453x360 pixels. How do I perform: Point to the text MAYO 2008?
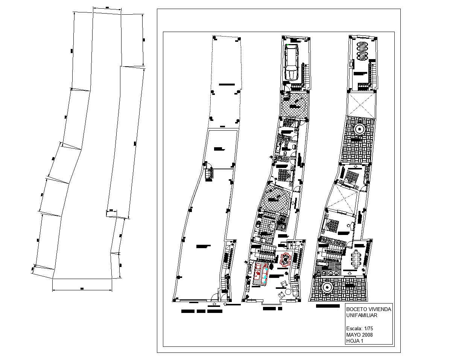coord(359,335)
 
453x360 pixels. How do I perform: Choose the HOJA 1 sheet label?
coord(354,341)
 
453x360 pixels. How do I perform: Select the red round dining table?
coord(285,259)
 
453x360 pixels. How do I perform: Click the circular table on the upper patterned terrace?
coord(359,130)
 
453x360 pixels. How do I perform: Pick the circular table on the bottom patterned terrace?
coord(327,288)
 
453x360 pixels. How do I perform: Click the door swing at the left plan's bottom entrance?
coord(214,297)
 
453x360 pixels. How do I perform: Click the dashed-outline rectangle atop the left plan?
coord(225,81)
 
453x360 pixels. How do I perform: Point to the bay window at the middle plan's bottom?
coord(271,303)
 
